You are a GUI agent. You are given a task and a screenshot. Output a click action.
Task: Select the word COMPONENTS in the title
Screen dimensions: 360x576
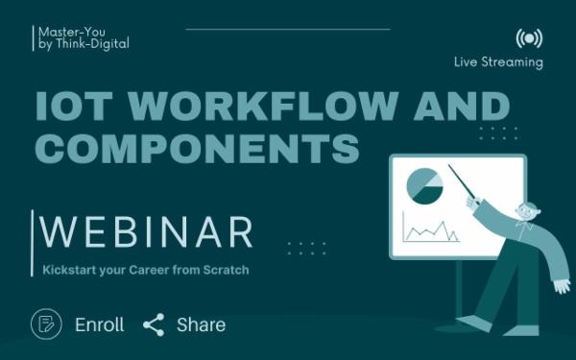tap(197, 149)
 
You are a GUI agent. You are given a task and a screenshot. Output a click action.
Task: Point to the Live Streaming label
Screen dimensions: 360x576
tap(498, 62)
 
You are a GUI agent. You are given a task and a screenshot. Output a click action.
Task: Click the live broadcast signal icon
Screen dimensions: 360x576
tap(528, 38)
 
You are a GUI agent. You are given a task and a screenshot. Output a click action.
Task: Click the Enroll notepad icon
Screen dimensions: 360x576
tap(46, 324)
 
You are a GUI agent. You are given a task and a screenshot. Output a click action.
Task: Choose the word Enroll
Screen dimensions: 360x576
tap(100, 324)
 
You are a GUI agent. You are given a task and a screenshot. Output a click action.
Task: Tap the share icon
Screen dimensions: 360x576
tap(154, 324)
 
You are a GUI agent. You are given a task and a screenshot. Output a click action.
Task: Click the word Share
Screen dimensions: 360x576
tap(201, 324)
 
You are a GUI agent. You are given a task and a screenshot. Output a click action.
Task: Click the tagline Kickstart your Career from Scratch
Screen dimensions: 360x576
tap(146, 270)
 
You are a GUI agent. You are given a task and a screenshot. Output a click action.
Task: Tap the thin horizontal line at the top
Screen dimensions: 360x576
tap(288, 29)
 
